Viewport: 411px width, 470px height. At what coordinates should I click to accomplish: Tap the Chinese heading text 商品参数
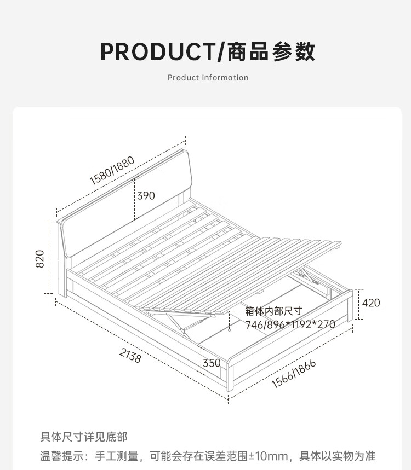(269, 51)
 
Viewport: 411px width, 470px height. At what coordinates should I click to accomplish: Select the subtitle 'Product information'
(208, 78)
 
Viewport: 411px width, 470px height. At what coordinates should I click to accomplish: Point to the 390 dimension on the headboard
(145, 195)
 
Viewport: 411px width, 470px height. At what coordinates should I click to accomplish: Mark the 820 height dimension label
(39, 259)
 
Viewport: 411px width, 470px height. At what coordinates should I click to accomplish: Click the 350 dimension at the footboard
(212, 363)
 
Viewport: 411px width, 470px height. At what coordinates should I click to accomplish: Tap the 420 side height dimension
(371, 303)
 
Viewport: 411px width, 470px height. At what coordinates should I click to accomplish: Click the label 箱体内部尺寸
(273, 311)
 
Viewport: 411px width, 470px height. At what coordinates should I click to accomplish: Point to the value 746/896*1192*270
(290, 324)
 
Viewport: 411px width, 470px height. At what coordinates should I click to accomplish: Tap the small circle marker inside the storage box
(229, 330)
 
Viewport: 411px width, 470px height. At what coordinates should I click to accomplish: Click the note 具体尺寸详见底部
(83, 437)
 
